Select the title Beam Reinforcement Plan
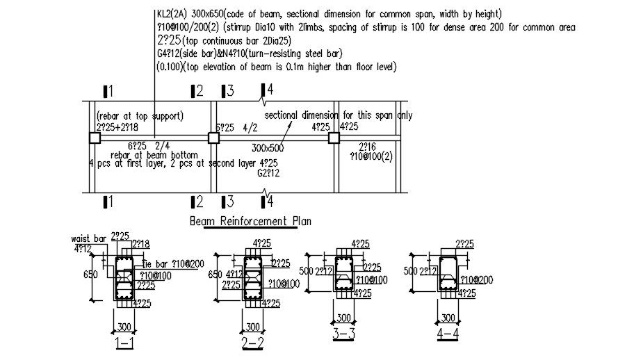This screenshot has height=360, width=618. click(x=250, y=221)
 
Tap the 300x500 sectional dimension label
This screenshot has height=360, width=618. click(x=268, y=148)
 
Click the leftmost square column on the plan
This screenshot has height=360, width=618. click(x=95, y=138)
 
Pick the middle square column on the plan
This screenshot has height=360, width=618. click(x=213, y=138)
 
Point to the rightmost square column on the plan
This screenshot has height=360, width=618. click(x=334, y=138)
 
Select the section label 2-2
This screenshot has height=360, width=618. click(x=252, y=343)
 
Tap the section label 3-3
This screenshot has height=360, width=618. click(x=343, y=334)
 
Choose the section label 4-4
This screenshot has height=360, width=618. click(x=447, y=334)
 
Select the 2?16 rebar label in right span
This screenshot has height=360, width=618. click(x=367, y=147)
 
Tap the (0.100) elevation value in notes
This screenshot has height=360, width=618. click(x=174, y=67)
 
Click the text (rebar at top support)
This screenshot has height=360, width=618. click(x=140, y=116)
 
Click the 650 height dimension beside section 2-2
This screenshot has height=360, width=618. click(x=216, y=275)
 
